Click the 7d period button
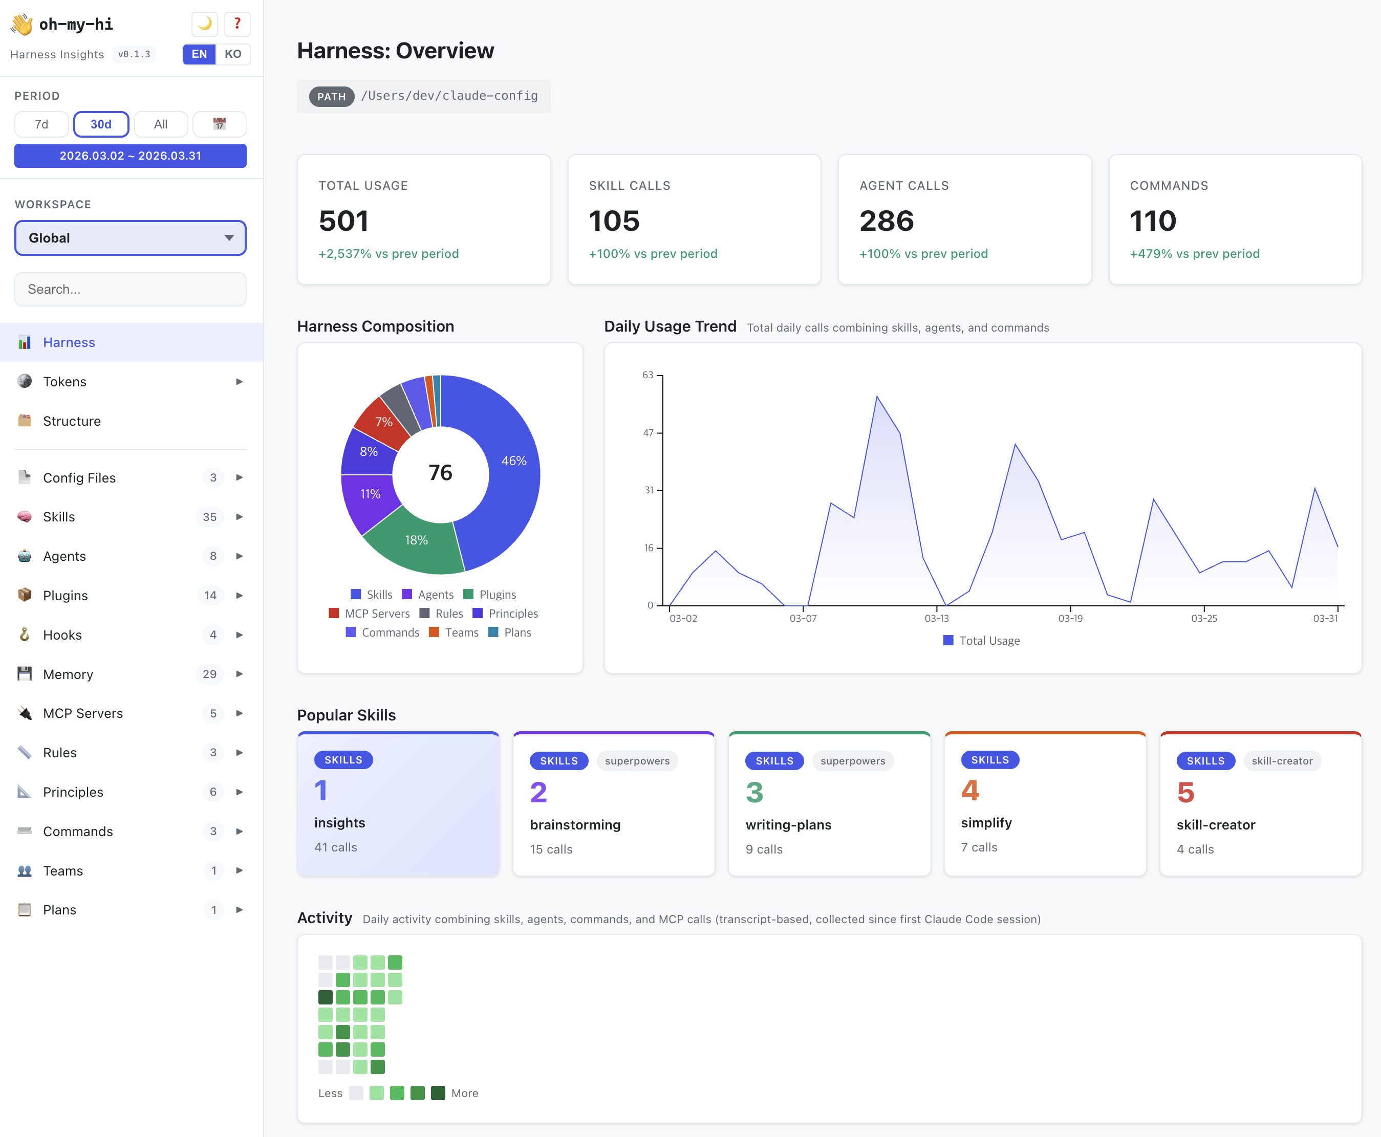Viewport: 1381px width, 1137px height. [41, 124]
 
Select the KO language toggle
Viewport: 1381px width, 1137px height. [232, 54]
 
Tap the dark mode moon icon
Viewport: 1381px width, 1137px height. [204, 24]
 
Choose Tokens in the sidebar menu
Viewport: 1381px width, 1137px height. [65, 382]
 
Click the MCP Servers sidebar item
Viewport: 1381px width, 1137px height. [82, 713]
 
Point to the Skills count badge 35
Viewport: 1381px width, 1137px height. [210, 517]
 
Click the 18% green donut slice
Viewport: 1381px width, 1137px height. [417, 540]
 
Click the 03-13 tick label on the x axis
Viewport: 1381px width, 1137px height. [936, 618]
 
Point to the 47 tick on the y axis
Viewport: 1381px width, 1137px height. [648, 433]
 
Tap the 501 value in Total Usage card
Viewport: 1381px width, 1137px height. [344, 221]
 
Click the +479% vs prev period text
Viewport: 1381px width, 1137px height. [1194, 253]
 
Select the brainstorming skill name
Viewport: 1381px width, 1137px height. [574, 824]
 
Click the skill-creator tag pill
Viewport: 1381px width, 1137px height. [1281, 761]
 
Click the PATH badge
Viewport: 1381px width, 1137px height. [332, 97]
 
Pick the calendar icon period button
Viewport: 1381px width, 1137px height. [220, 124]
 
